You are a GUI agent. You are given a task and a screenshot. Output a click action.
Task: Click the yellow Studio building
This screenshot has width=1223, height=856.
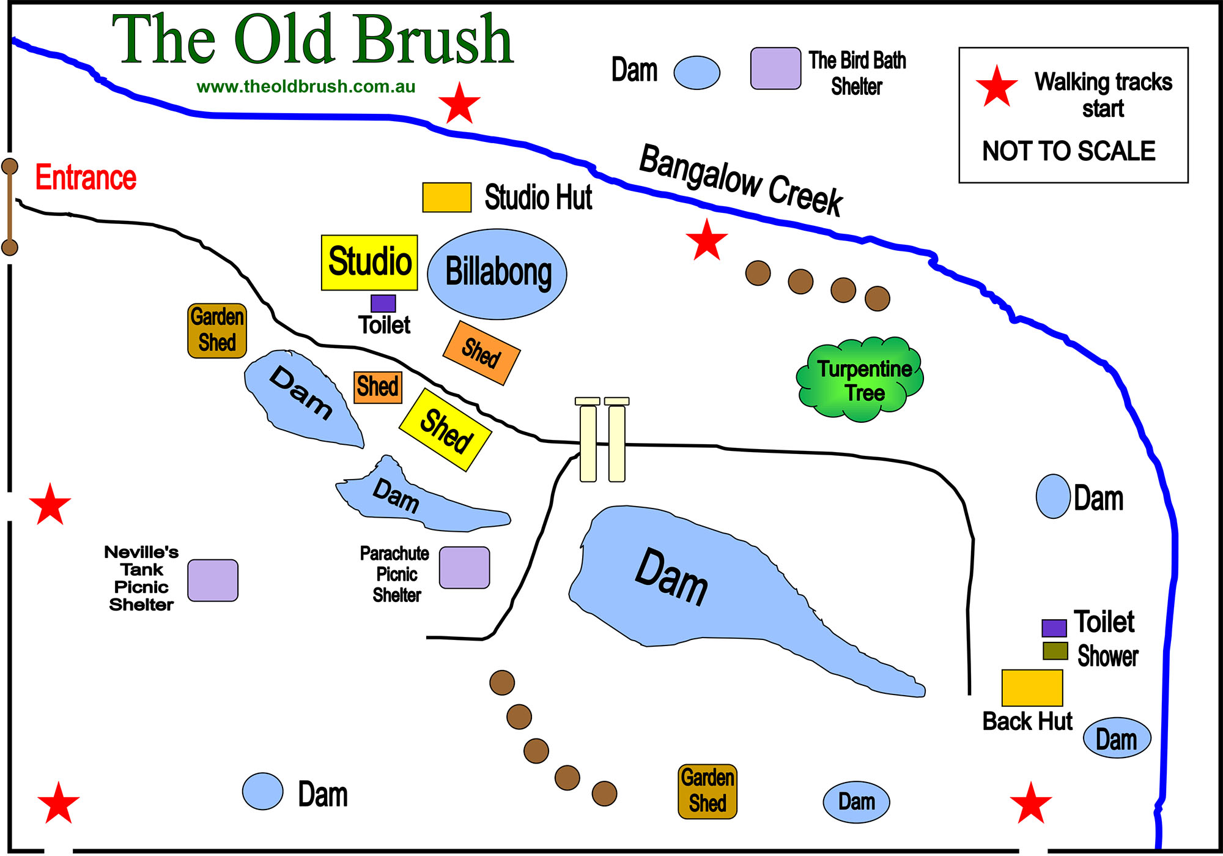click(x=369, y=262)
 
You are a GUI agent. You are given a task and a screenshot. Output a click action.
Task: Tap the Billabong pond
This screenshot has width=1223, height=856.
click(x=497, y=274)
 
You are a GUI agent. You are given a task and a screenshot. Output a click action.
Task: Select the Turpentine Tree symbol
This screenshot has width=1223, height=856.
click(x=860, y=379)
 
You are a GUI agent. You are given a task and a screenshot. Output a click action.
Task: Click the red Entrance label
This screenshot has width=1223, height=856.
click(x=86, y=177)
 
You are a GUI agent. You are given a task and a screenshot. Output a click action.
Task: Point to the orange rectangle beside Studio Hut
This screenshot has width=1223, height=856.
click(x=446, y=197)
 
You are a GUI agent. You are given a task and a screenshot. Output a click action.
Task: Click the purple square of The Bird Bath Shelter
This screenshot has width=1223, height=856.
click(x=775, y=69)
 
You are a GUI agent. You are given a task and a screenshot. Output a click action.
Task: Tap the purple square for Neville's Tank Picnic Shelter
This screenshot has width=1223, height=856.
click(x=212, y=580)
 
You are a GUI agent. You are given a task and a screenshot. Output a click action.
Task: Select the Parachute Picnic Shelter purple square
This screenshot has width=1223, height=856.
click(x=464, y=567)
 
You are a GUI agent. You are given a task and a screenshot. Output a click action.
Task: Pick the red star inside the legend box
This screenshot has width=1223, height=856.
click(x=996, y=87)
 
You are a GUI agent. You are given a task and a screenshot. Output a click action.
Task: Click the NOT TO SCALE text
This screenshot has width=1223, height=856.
click(x=1068, y=151)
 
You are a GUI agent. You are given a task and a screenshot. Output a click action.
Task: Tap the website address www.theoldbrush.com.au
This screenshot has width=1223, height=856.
click(x=306, y=87)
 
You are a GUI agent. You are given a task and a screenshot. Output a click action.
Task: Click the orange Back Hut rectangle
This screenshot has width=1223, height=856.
click(x=1032, y=687)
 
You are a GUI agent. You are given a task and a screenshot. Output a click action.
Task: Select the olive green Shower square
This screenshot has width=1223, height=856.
click(x=1055, y=650)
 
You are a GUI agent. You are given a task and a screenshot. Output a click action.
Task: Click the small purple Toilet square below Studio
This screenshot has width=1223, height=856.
click(x=383, y=303)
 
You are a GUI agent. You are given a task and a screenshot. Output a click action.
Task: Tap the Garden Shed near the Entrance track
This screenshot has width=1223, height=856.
click(x=216, y=330)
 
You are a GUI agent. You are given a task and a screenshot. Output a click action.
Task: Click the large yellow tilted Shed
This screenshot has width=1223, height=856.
click(x=445, y=430)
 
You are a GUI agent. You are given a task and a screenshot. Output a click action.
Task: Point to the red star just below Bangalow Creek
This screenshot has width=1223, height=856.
click(x=706, y=240)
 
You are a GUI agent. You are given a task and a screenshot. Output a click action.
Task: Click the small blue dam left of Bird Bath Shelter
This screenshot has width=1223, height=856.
click(x=696, y=72)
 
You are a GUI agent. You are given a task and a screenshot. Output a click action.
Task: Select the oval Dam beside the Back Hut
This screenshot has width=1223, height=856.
click(x=1117, y=738)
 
